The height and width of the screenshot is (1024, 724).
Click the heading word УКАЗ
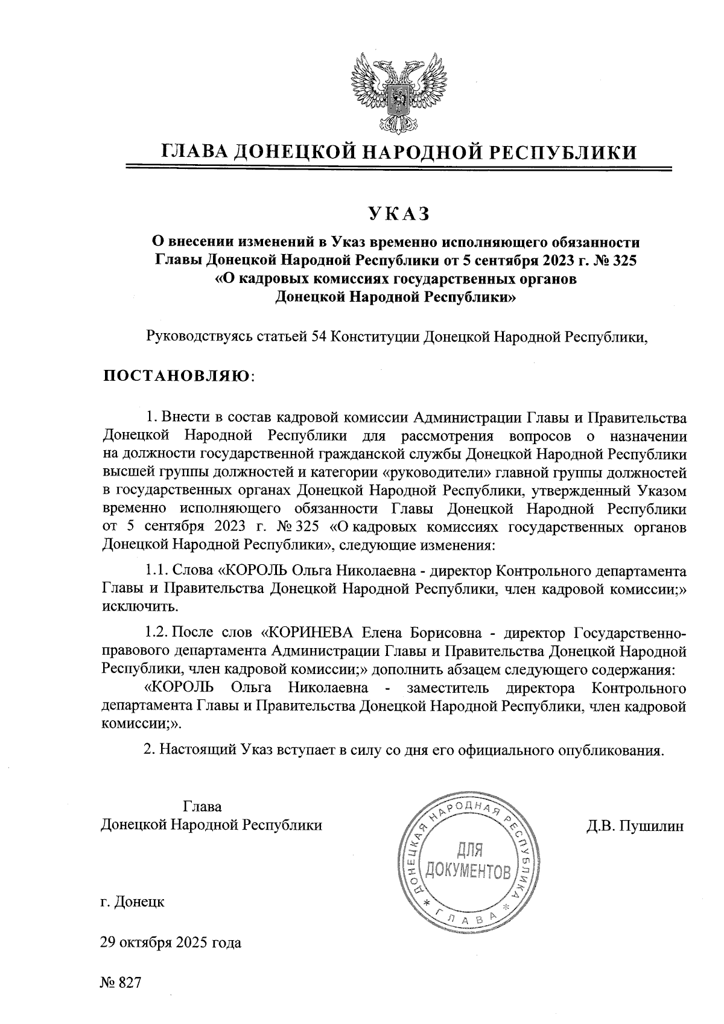[x=398, y=213]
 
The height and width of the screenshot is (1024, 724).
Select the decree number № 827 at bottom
[x=121, y=982]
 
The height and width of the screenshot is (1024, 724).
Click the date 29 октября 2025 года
[x=171, y=943]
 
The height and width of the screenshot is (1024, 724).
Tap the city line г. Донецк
[x=132, y=902]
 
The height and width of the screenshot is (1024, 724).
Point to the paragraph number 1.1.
[x=157, y=570]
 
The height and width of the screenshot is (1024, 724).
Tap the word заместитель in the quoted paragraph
[x=448, y=688]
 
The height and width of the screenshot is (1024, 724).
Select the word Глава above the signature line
[x=202, y=807]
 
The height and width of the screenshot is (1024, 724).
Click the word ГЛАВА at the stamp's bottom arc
[x=468, y=918]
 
